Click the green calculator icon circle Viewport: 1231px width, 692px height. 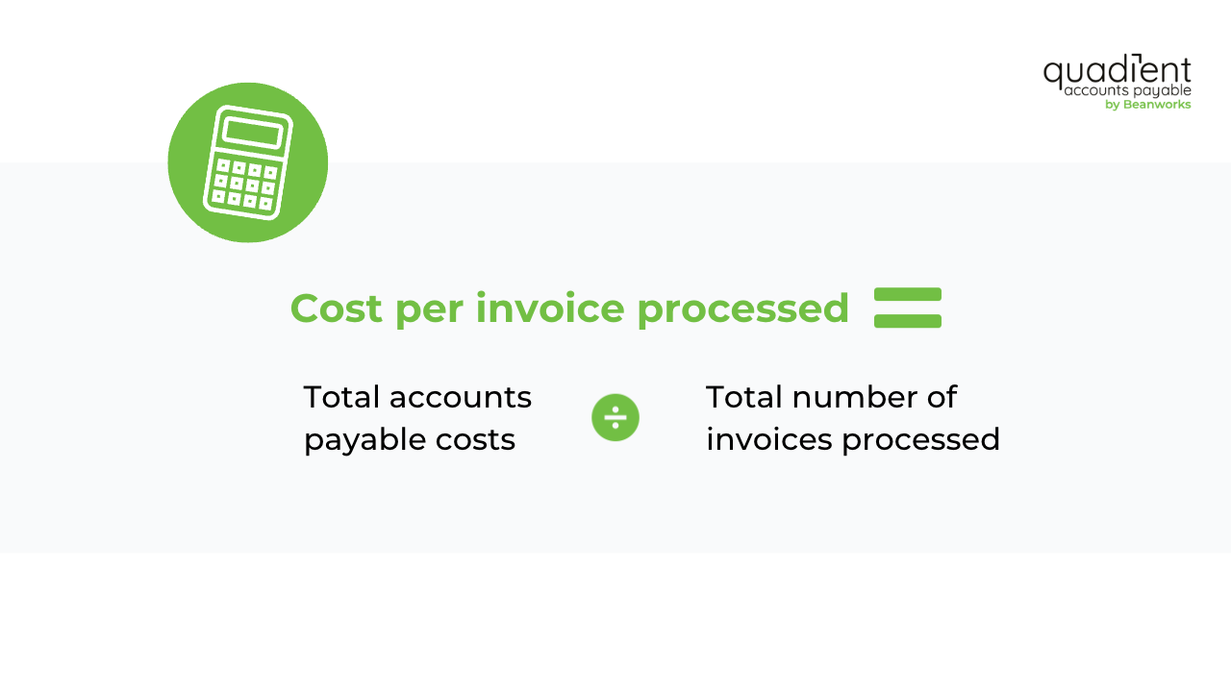click(247, 162)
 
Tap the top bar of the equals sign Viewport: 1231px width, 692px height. click(907, 294)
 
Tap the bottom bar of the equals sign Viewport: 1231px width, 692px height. click(907, 321)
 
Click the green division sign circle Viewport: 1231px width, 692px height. click(615, 417)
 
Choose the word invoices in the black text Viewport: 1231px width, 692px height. click(768, 439)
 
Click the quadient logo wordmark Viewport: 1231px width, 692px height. click(1117, 72)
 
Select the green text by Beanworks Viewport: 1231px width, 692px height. click(1147, 105)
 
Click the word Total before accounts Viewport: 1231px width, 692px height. click(340, 397)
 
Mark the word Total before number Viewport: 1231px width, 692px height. click(743, 397)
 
